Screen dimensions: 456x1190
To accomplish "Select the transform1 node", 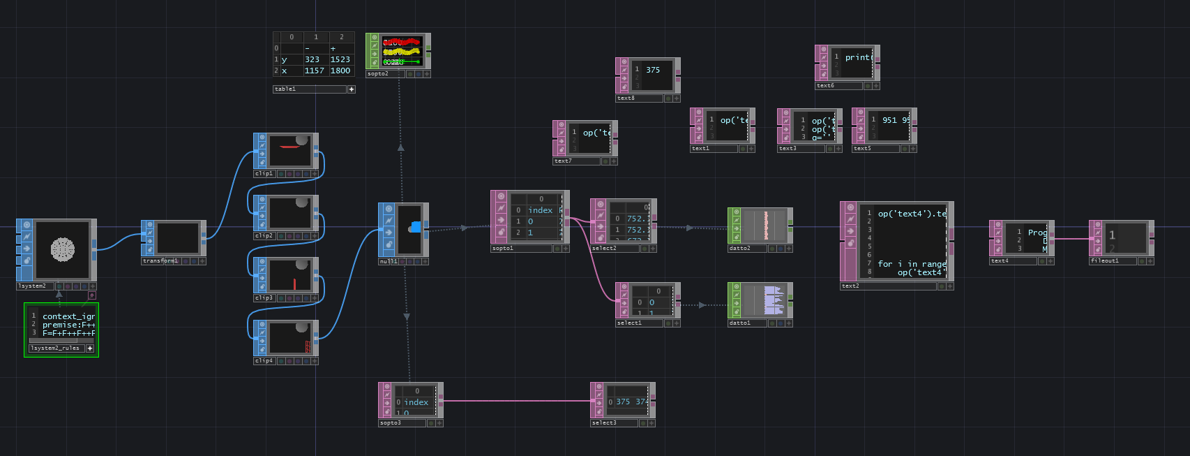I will click(x=177, y=238).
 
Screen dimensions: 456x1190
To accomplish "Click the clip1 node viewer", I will click(x=289, y=150).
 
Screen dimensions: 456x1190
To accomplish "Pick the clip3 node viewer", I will click(x=289, y=274).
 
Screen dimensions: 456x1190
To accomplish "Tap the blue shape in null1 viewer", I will click(x=415, y=226).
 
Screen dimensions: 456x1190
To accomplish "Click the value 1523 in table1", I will click(x=340, y=60).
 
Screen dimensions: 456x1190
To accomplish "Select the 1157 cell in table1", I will click(x=314, y=71).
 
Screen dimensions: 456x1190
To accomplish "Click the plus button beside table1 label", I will click(x=352, y=89).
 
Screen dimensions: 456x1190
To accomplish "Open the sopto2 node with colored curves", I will click(x=402, y=51).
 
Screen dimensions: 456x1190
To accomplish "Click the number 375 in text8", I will click(x=653, y=70).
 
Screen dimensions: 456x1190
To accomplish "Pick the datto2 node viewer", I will click(x=765, y=225).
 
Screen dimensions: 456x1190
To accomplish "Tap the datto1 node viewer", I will click(x=765, y=300).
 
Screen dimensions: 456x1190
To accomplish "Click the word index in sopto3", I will click(x=416, y=402).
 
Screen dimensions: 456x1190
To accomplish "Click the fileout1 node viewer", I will click(x=1125, y=238).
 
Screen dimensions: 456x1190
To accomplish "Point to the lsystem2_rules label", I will click(x=56, y=348).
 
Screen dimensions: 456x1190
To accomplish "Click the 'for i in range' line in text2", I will click(x=912, y=264).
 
